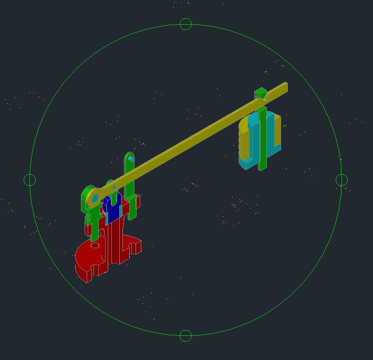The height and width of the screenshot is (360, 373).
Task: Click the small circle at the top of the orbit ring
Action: coord(185,24)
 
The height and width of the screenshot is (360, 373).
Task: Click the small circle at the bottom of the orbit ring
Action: coord(185,335)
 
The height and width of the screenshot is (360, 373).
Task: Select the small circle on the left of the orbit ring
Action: coord(30,180)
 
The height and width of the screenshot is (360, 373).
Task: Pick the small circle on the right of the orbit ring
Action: coord(341,180)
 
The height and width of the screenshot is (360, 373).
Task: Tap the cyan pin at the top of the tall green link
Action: coord(131,158)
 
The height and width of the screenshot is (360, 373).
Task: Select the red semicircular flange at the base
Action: coord(87,260)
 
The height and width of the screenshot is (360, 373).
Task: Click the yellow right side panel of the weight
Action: coord(278,131)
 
